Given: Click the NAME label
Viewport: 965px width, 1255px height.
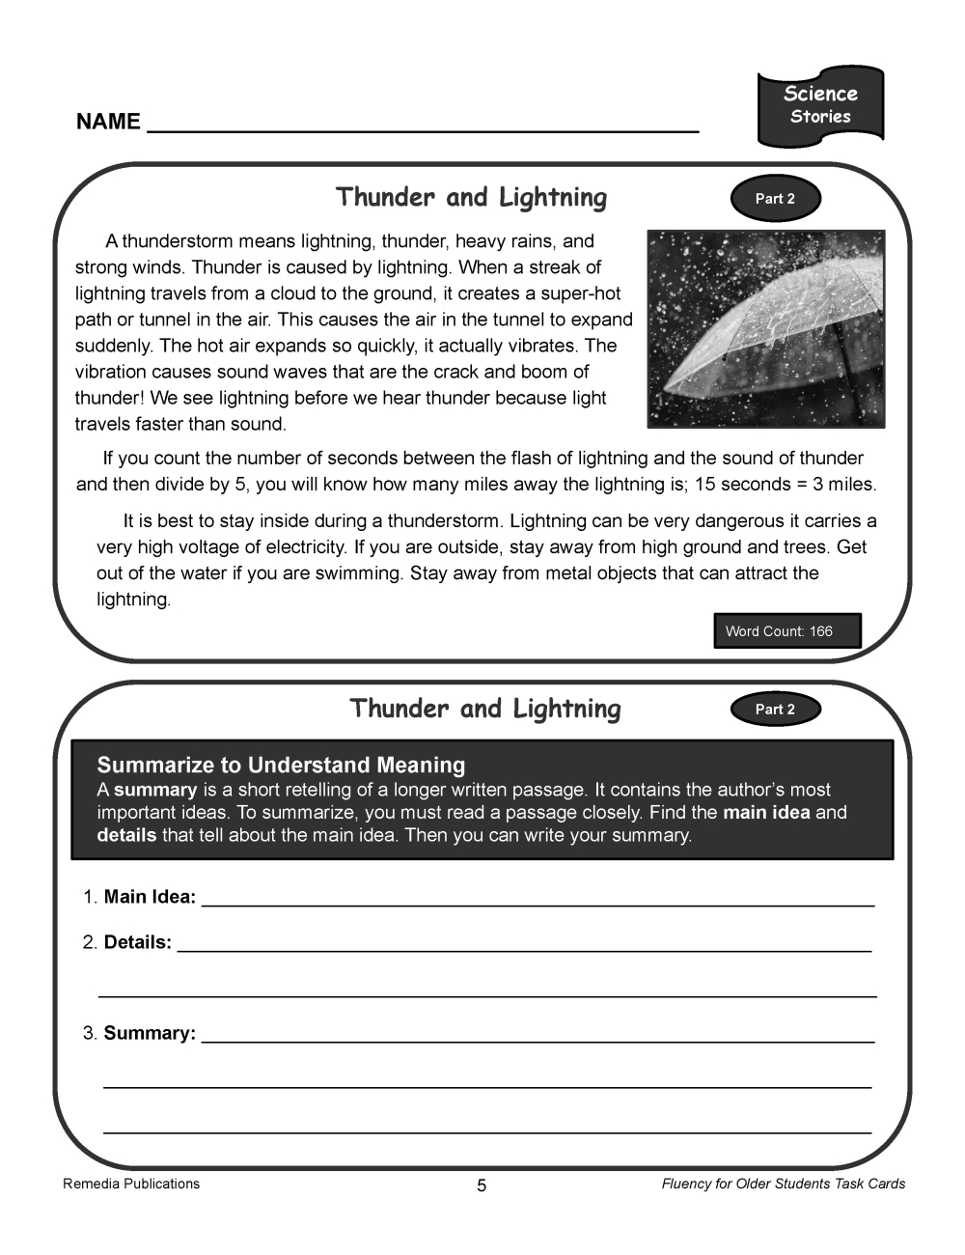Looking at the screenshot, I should click(x=108, y=123).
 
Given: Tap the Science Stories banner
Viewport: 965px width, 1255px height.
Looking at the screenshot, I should click(x=820, y=105).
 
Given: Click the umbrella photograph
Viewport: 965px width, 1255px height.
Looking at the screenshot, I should click(x=765, y=328).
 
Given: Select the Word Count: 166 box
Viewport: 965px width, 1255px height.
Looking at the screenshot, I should click(x=786, y=631).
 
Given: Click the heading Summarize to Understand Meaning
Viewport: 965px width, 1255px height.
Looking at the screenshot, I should click(x=281, y=766).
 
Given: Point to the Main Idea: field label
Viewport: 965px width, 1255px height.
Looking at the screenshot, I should click(x=150, y=897).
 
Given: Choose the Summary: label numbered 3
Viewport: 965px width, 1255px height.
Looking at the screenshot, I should click(x=150, y=1033).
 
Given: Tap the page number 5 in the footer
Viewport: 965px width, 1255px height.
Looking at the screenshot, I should click(x=482, y=1185).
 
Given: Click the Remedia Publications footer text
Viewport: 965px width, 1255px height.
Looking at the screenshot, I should click(x=131, y=1184).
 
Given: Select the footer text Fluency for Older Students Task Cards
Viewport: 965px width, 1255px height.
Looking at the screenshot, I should click(x=784, y=1184).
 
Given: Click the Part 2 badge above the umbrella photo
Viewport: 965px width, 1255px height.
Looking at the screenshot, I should click(x=775, y=199).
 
